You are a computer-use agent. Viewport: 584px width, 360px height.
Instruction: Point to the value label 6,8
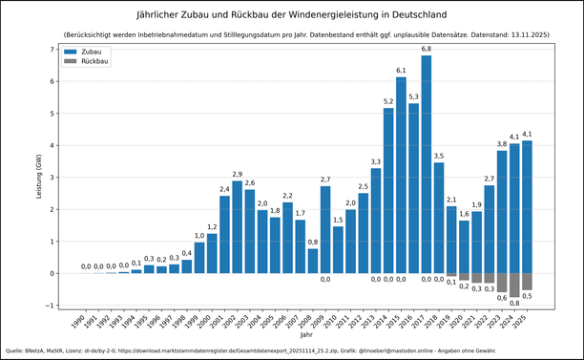pos(427,48)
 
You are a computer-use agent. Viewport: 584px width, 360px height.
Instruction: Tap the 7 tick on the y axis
pos(53,50)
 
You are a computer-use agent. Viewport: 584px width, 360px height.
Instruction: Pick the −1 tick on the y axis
pos(52,306)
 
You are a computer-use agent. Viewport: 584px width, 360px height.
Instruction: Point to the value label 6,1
pos(401,70)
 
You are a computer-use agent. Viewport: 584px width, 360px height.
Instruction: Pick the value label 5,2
pos(388,100)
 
